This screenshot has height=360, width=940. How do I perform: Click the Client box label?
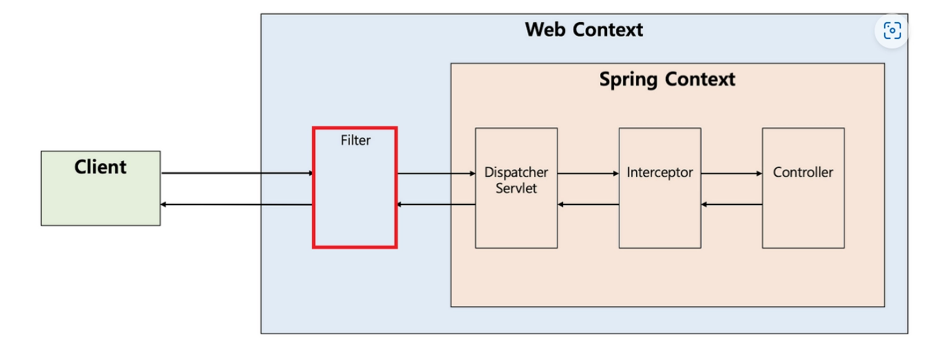click(x=101, y=167)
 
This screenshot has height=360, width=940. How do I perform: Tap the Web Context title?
click(x=584, y=29)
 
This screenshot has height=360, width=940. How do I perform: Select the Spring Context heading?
click(x=667, y=79)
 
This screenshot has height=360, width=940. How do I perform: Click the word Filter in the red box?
click(x=355, y=140)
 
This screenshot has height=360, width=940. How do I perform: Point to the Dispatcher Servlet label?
click(x=516, y=180)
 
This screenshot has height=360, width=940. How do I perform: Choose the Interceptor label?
click(x=659, y=172)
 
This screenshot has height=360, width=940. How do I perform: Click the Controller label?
click(x=803, y=172)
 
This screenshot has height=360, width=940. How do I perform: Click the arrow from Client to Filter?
click(x=237, y=173)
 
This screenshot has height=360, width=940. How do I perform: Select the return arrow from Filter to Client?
click(x=237, y=205)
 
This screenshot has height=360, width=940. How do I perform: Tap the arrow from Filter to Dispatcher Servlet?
click(x=436, y=173)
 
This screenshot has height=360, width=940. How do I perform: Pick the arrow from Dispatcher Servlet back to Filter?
click(x=436, y=205)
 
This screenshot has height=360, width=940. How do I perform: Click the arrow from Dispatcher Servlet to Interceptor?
click(x=588, y=173)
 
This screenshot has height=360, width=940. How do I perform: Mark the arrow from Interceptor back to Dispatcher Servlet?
click(x=588, y=205)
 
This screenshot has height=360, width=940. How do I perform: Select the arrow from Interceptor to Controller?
click(x=732, y=173)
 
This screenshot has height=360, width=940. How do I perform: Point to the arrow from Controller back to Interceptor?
click(x=732, y=205)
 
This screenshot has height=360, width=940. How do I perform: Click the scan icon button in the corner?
click(x=892, y=30)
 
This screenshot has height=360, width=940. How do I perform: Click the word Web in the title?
click(x=544, y=29)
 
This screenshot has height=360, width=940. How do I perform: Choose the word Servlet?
click(x=516, y=188)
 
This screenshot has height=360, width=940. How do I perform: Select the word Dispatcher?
click(x=516, y=172)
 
